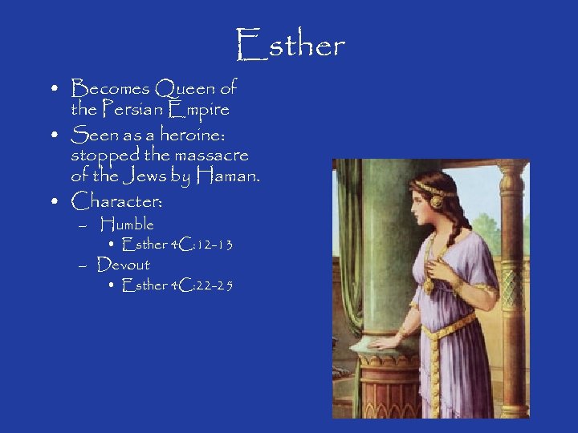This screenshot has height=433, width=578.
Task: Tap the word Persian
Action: (x=141, y=108)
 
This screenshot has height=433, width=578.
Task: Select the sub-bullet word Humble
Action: (x=128, y=225)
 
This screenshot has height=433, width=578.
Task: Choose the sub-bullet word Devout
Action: (x=124, y=265)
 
